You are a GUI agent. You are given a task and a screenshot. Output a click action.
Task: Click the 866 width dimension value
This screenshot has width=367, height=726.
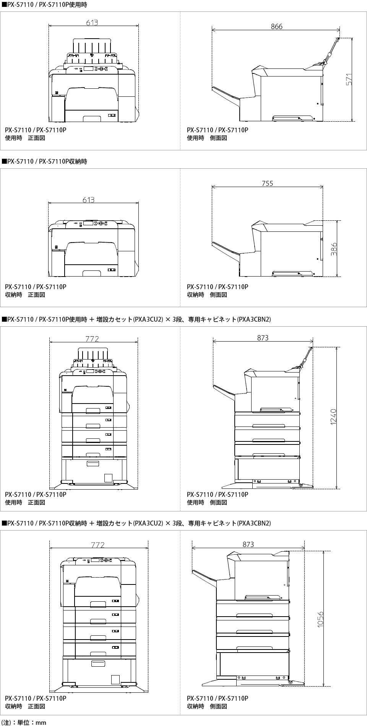click(x=276, y=26)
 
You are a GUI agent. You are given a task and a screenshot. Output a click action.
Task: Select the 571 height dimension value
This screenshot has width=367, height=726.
click(x=349, y=79)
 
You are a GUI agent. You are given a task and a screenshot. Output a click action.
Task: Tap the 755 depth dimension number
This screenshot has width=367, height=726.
click(x=268, y=184)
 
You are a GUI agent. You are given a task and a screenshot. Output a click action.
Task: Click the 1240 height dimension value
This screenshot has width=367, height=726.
click(x=333, y=416)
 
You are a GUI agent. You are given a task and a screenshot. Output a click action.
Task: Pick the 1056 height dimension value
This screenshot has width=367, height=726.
click(x=320, y=619)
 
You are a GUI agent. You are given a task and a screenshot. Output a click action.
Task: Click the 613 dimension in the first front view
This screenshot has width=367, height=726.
click(x=92, y=23)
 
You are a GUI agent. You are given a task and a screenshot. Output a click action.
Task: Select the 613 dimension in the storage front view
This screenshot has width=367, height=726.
click(x=88, y=200)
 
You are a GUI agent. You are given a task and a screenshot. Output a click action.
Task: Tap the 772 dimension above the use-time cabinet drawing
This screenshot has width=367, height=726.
click(x=92, y=339)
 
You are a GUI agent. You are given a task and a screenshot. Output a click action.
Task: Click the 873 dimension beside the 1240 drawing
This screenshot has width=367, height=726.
click(x=263, y=338)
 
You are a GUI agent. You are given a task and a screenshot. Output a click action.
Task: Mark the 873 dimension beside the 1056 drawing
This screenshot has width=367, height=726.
click(x=248, y=544)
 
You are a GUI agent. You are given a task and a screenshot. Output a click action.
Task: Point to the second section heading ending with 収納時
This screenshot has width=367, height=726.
click(x=44, y=161)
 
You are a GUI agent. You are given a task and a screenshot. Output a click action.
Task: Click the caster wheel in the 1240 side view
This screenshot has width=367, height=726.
click(x=300, y=485)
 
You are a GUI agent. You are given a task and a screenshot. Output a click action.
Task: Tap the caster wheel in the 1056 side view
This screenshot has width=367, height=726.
click(x=290, y=682)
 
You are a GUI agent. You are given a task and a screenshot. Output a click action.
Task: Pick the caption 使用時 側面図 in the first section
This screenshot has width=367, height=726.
click(x=207, y=138)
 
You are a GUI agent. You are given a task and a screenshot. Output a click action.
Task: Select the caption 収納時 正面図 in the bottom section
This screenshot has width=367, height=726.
click(x=25, y=706)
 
